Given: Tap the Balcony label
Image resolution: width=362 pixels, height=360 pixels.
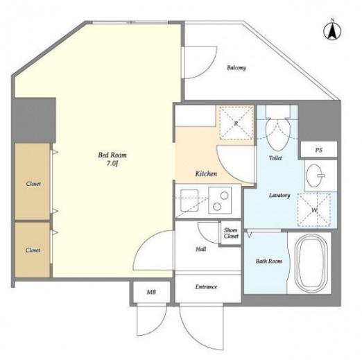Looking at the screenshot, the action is click(x=236, y=68).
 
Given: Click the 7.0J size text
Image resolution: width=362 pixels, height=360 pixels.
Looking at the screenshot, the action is click(x=112, y=164).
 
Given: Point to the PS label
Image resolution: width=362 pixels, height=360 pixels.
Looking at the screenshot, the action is click(x=318, y=150).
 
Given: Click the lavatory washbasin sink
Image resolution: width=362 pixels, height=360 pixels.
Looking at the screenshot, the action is click(x=316, y=175).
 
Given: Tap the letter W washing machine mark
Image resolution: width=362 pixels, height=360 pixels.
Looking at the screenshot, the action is click(x=314, y=210).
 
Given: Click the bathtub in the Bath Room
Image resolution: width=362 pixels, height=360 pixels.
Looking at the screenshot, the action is click(x=311, y=263).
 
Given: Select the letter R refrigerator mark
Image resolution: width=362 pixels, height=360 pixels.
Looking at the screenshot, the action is click(x=236, y=123).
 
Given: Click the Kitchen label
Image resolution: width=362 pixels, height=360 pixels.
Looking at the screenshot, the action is click(x=206, y=173).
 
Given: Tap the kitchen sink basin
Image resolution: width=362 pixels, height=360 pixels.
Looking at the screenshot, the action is click(x=189, y=200).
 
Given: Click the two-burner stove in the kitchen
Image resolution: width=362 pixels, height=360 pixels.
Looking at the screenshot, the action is click(x=220, y=200).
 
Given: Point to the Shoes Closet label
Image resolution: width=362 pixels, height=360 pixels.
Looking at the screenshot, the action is click(x=231, y=233).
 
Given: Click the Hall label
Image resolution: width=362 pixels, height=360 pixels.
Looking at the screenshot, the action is click(x=201, y=249).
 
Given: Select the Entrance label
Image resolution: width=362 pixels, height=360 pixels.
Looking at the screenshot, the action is click(x=206, y=286).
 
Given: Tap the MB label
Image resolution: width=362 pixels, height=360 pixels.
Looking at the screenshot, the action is click(x=151, y=292).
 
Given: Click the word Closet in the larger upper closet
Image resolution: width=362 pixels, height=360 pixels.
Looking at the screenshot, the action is click(x=33, y=184).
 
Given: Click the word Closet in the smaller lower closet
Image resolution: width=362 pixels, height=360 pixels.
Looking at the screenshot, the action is click(x=33, y=250).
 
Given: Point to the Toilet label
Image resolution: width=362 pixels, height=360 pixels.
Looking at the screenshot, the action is click(x=275, y=158).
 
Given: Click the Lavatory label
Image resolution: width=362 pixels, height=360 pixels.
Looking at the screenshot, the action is click(x=279, y=196).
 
